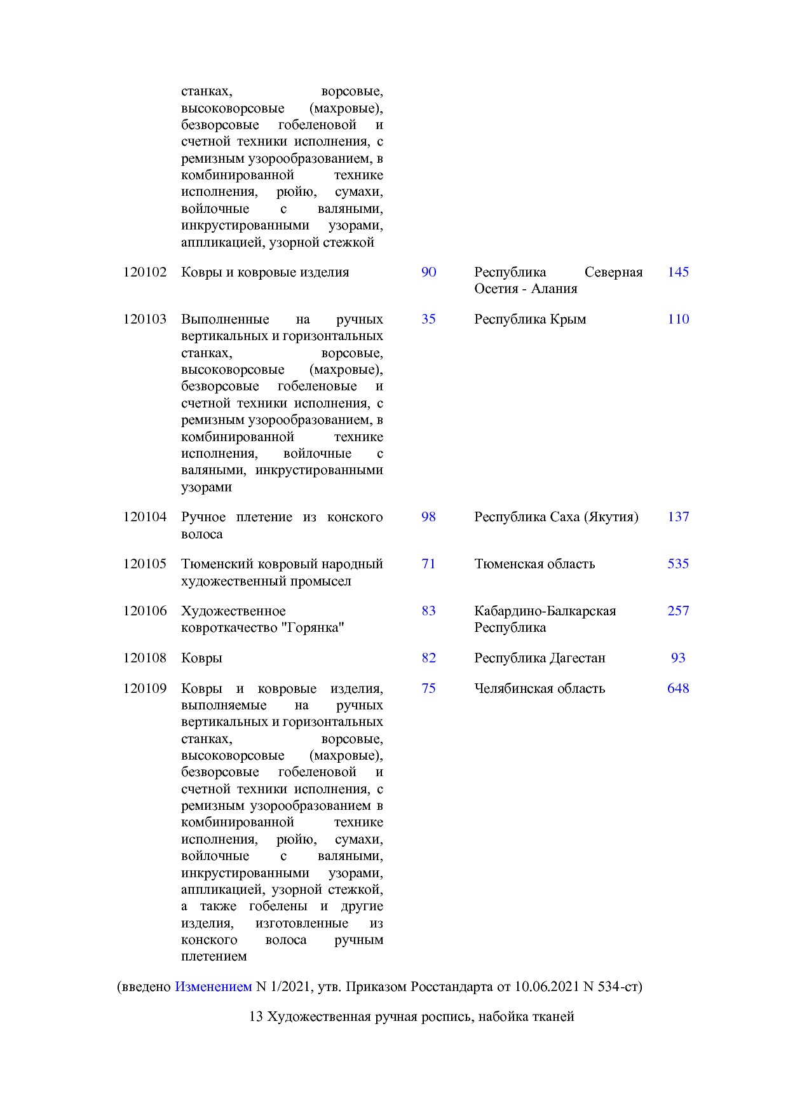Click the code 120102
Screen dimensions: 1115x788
145,272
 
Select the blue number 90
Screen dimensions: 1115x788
428,272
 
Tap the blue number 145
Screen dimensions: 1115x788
677,272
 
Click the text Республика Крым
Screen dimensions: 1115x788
529,319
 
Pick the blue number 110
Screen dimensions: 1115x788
677,319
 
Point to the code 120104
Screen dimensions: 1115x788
145,517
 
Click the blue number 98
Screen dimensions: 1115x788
428,517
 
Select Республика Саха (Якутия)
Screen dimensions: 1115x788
555,517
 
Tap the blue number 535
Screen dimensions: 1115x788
677,564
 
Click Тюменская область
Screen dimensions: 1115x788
534,564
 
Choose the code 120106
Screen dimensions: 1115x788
145,611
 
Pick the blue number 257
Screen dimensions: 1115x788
677,611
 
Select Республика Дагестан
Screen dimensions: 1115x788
539,658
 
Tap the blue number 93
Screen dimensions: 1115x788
677,658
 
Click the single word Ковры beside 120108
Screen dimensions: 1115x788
201,658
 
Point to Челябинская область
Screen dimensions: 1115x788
539,688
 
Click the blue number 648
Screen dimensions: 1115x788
677,688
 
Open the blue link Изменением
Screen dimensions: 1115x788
213,987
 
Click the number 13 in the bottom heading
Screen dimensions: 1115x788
255,1016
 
